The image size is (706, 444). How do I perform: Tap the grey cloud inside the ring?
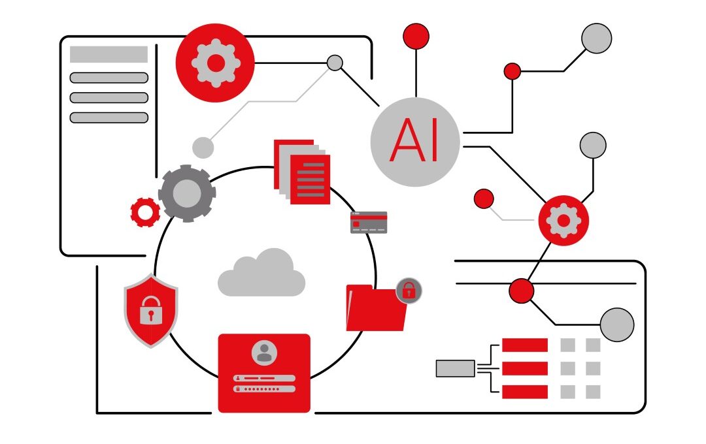(x=261, y=274)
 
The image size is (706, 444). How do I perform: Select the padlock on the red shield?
(x=151, y=309)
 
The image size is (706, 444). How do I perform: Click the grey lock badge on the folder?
(x=409, y=290)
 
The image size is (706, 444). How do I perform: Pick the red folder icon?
(x=376, y=309)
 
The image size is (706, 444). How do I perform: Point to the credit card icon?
(x=369, y=223)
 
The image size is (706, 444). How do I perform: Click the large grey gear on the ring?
(x=187, y=193)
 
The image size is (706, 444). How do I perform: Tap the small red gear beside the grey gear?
(x=145, y=212)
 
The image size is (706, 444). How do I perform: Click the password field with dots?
(x=264, y=388)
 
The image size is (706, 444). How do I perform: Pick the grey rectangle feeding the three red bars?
(x=455, y=368)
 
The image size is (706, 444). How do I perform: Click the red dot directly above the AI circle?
(x=416, y=36)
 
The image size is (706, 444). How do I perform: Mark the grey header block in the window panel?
(x=109, y=55)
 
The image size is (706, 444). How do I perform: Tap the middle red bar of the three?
(x=524, y=368)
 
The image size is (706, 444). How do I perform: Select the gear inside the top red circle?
(x=215, y=63)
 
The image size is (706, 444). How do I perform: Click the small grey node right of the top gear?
(x=335, y=63)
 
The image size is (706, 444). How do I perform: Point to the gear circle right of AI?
(x=563, y=220)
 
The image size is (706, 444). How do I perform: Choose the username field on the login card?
(x=264, y=378)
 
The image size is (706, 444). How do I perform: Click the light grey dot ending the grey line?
(x=203, y=148)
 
